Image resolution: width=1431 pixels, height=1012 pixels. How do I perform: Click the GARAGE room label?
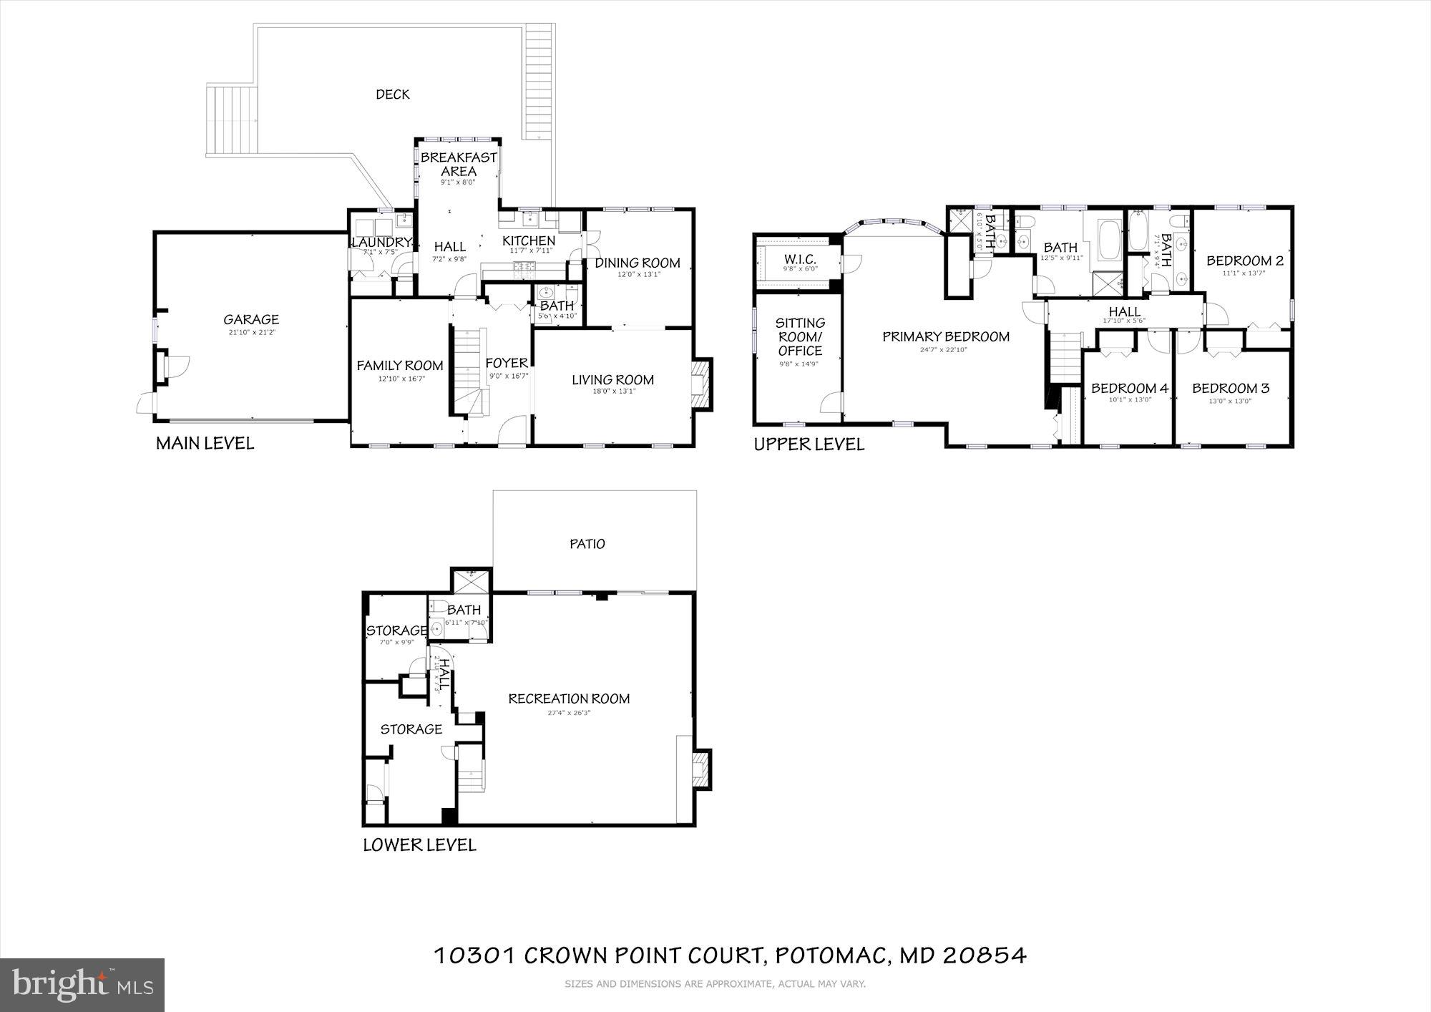(251, 320)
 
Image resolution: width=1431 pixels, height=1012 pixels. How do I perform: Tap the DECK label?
(393, 94)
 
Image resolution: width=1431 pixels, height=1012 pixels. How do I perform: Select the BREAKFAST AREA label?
(459, 164)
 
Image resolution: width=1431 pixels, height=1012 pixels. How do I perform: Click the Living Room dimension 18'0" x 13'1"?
(612, 391)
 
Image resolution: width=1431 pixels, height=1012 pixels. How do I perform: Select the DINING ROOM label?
(638, 263)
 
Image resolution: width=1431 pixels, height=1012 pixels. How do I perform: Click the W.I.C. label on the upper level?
(800, 258)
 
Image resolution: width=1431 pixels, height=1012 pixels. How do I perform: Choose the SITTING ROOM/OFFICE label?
(800, 336)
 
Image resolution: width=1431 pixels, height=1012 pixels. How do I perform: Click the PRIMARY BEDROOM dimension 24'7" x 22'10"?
(945, 350)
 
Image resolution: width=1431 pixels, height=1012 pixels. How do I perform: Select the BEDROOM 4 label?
(1130, 388)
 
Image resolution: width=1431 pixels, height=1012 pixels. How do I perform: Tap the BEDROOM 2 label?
(1245, 261)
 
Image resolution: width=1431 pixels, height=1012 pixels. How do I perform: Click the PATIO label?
(587, 544)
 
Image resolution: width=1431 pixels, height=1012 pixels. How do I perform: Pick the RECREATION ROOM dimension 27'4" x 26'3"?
(569, 713)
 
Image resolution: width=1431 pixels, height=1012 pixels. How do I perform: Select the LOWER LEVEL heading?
(419, 845)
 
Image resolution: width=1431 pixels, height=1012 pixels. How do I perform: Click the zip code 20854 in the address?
(985, 955)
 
